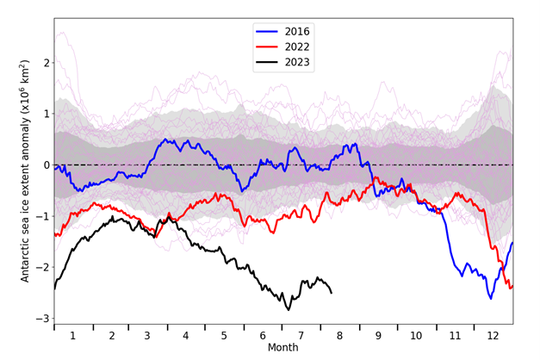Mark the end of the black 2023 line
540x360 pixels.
(x=332, y=293)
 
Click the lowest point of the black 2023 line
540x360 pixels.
(x=289, y=309)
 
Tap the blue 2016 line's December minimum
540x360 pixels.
(x=491, y=297)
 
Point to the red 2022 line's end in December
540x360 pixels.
(x=512, y=287)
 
